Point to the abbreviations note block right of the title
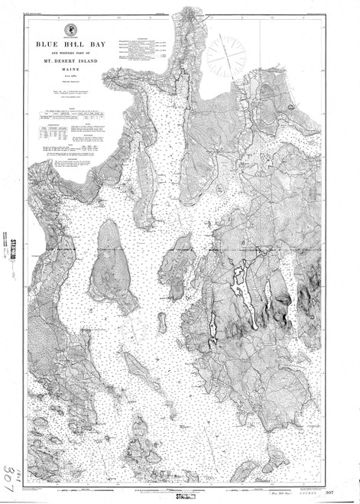(x=142, y=48)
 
